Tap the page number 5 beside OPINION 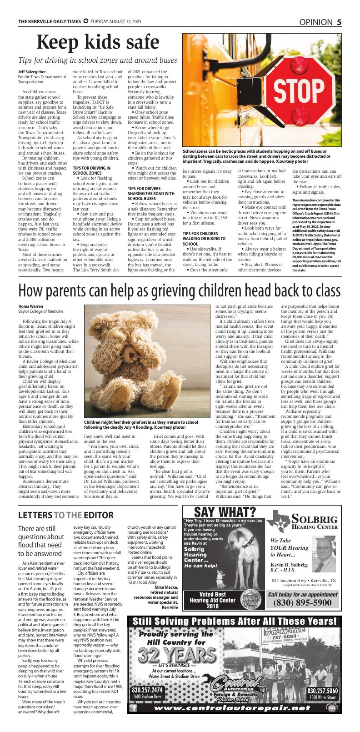[x=339, y=22]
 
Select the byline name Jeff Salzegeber [x=32, y=72]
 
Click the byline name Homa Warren [x=31, y=306]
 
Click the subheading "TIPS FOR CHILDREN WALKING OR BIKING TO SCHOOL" [x=204, y=238]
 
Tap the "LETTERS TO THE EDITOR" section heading [x=66, y=515]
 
